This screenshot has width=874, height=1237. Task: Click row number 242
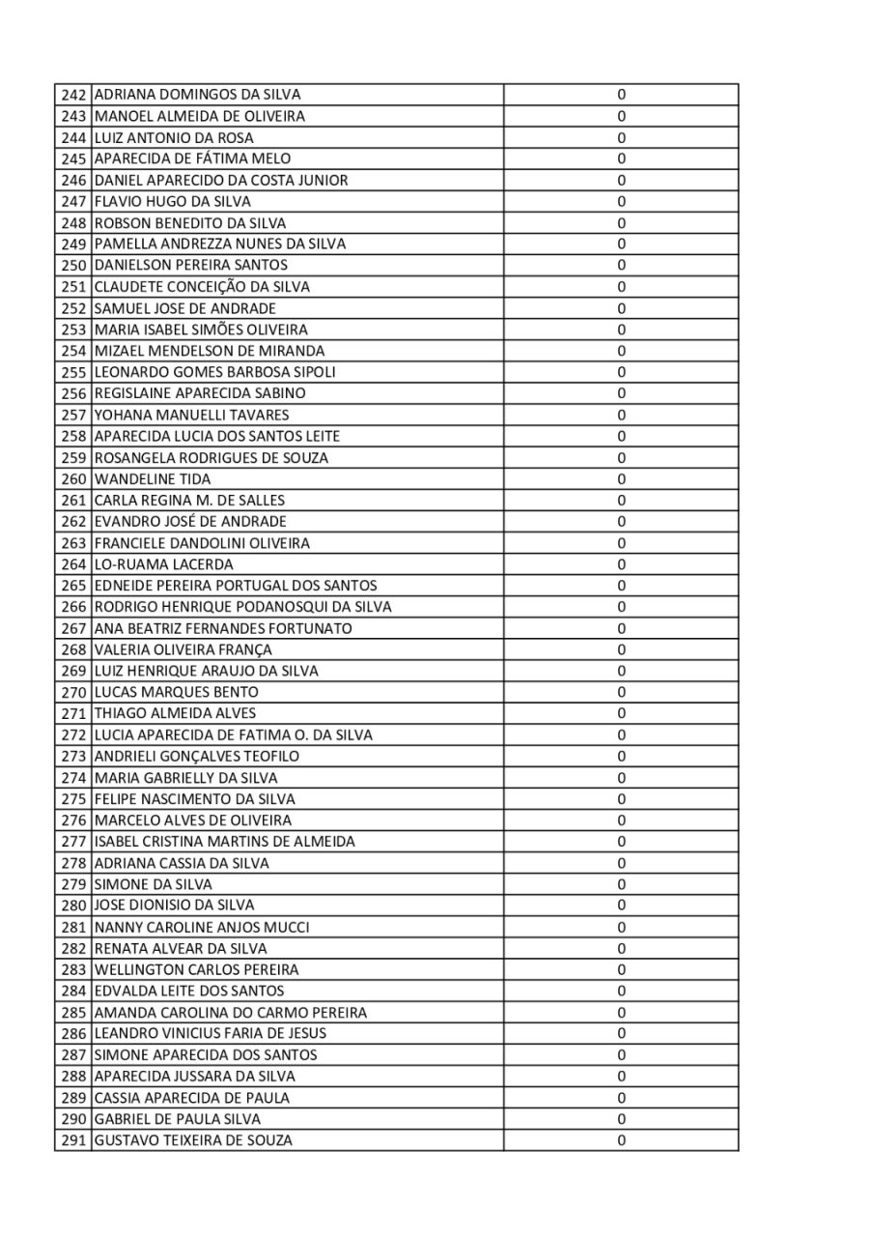pyautogui.click(x=73, y=95)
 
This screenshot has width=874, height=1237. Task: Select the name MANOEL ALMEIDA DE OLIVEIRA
pyautogui.click(x=200, y=116)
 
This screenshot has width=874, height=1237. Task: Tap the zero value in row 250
pyautogui.click(x=621, y=266)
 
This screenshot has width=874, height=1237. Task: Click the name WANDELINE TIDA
pyautogui.click(x=153, y=479)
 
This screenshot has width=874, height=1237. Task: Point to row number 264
pyautogui.click(x=73, y=564)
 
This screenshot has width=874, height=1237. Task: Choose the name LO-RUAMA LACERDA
pyautogui.click(x=164, y=564)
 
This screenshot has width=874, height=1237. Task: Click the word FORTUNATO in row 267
pyautogui.click(x=313, y=628)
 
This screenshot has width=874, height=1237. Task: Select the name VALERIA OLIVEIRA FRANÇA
pyautogui.click(x=183, y=649)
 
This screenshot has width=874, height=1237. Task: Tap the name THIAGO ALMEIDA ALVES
pyautogui.click(x=176, y=713)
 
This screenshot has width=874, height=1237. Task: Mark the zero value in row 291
pyautogui.click(x=621, y=1140)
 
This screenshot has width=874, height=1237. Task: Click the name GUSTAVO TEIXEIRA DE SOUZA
pyautogui.click(x=193, y=1140)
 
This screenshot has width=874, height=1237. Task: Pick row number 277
pyautogui.click(x=73, y=842)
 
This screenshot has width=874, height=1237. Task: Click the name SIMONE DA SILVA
pyautogui.click(x=154, y=884)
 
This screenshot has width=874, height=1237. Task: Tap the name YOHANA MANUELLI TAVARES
pyautogui.click(x=192, y=415)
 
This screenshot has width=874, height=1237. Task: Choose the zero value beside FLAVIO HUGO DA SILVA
pyautogui.click(x=621, y=202)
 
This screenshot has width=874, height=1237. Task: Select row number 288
pyautogui.click(x=73, y=1077)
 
